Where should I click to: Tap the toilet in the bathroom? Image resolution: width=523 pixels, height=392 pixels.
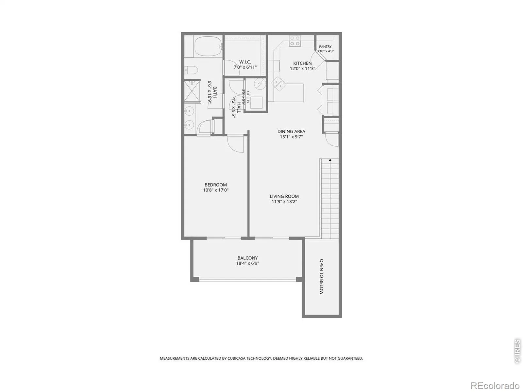191,70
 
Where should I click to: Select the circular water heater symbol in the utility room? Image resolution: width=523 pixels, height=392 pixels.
260,84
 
